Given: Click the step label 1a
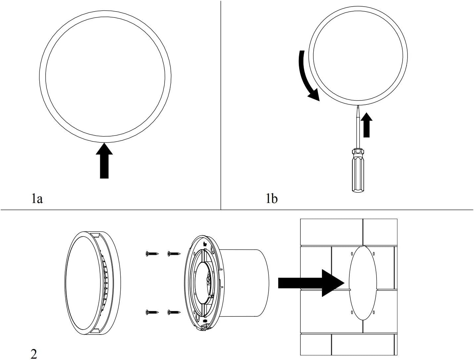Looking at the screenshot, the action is pos(37,199).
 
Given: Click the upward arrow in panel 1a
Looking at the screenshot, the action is pos(104,160).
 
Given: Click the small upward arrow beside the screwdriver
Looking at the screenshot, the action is pos(367,125).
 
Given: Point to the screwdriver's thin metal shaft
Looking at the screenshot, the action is pos(358,127).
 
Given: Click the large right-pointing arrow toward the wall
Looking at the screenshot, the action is pos(311,283).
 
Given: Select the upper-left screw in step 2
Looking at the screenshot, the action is pos(152,254).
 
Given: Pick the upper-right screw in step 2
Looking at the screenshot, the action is pos(174,253).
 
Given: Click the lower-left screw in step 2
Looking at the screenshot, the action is pos(152,312).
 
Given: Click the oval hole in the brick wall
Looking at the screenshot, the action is pos(363,283).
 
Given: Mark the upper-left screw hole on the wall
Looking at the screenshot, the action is pos(352,254).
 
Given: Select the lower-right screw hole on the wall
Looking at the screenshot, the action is pos(374,312).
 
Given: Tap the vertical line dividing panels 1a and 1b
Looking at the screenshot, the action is pos(221,105).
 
